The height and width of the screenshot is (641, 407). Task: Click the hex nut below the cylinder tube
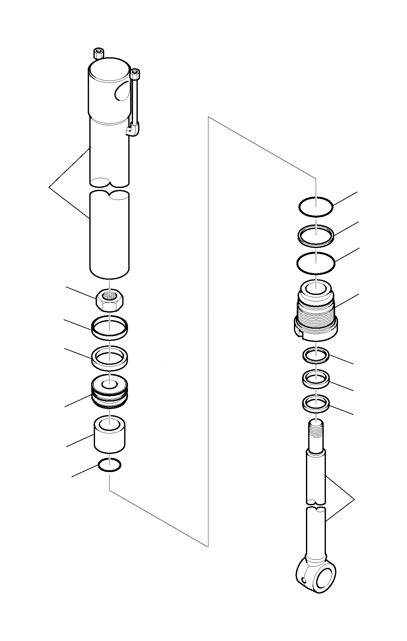coord(109,301)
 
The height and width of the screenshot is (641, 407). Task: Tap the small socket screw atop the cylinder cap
coord(99,53)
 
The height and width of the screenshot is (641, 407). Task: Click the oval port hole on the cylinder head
coord(122,91)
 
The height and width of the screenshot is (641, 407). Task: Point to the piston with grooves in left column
coord(109,395)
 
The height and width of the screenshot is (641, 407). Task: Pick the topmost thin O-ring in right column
coord(316,207)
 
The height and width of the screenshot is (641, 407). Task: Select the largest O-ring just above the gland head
coord(316,263)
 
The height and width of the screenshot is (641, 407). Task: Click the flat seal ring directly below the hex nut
coord(109,327)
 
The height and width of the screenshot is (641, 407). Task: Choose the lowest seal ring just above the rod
coord(316,404)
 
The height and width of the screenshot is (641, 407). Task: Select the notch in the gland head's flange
coord(300,333)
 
